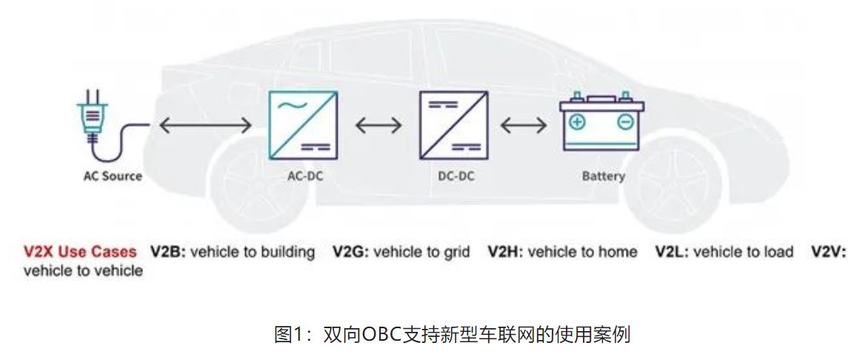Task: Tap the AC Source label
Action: tap(113, 176)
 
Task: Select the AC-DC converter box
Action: tap(302, 124)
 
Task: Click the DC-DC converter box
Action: tap(454, 124)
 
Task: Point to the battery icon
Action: tap(601, 123)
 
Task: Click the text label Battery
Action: tap(603, 176)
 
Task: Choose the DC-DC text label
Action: tap(456, 176)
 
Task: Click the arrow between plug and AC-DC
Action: tap(205, 126)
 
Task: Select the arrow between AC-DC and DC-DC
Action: tap(378, 126)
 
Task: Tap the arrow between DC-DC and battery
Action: tap(524, 126)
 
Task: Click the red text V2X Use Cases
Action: tap(79, 252)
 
